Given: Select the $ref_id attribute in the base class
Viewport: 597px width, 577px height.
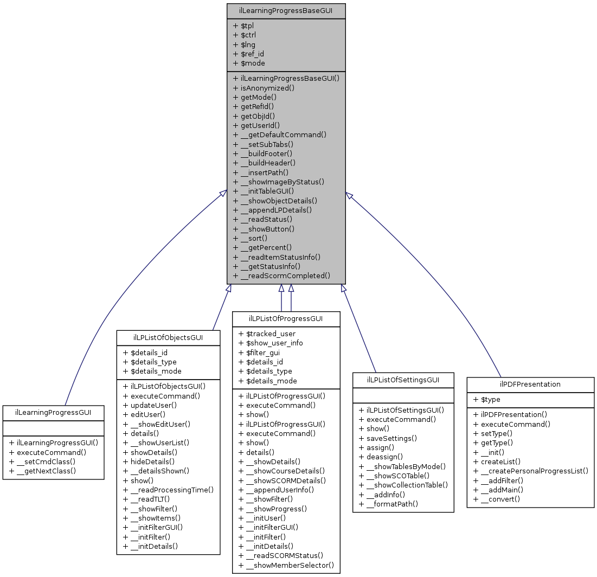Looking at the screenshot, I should [248, 54].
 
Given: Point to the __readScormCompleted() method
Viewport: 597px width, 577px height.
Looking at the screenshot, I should [281, 275].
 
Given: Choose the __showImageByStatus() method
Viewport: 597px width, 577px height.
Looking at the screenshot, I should [278, 181].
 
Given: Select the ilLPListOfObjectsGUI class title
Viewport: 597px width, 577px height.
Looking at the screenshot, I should [168, 337].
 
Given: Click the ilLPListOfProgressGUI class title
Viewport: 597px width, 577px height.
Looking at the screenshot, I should [286, 318].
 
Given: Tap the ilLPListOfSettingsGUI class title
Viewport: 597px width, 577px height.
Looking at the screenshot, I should [403, 380].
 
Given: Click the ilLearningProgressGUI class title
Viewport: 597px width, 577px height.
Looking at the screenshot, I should [53, 413].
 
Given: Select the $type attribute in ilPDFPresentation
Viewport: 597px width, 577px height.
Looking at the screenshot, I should [486, 400].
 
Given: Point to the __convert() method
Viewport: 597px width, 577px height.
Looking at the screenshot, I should [497, 499].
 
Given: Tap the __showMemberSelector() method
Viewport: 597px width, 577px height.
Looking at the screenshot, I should [286, 565].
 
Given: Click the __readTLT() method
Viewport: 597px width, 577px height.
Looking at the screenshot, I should [146, 499].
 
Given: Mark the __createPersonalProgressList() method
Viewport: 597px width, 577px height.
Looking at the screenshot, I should [530, 471].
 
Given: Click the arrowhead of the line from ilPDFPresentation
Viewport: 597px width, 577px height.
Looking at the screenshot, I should [350, 196].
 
